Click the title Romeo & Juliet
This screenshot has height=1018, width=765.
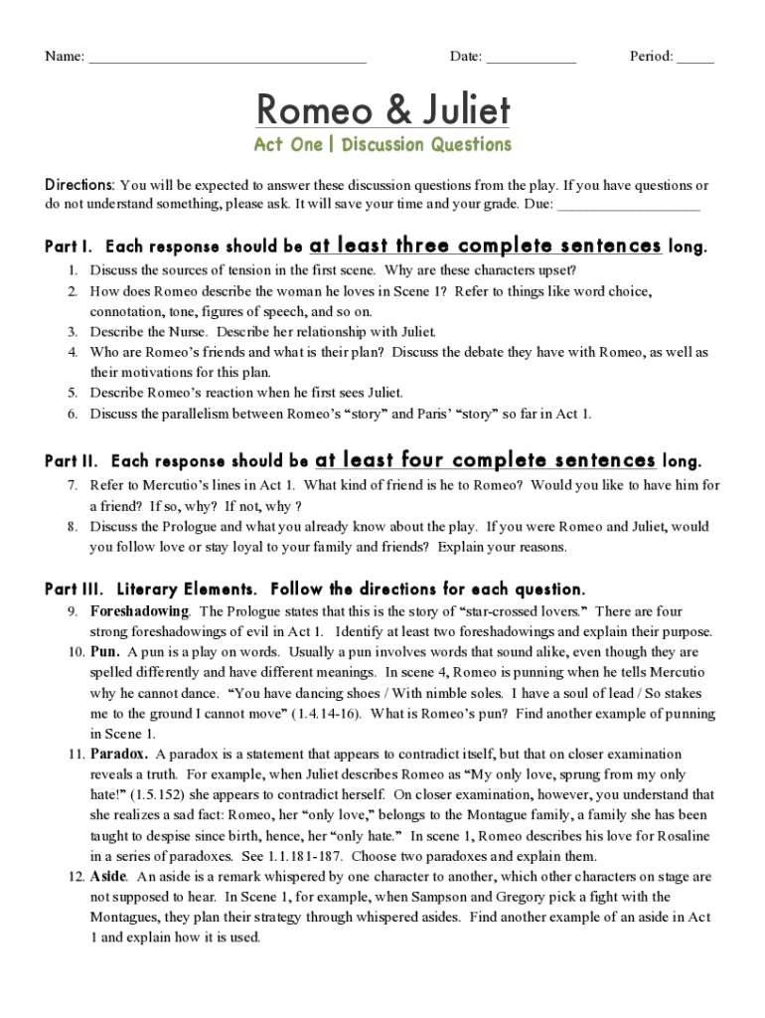coord(382,108)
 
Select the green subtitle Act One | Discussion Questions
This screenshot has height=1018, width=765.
coord(382,145)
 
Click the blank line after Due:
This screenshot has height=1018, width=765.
coord(629,207)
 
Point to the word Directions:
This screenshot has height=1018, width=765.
coord(80,186)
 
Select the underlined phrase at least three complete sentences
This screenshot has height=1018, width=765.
coord(485,246)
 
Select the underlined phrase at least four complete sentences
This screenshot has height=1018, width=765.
coord(485,460)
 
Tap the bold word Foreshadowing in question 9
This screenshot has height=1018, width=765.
coord(139,611)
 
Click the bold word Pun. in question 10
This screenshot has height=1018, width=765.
coord(105,652)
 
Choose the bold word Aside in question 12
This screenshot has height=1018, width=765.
coord(108,877)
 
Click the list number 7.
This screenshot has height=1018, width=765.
coord(73,485)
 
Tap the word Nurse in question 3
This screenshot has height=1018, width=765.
coord(190,332)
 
